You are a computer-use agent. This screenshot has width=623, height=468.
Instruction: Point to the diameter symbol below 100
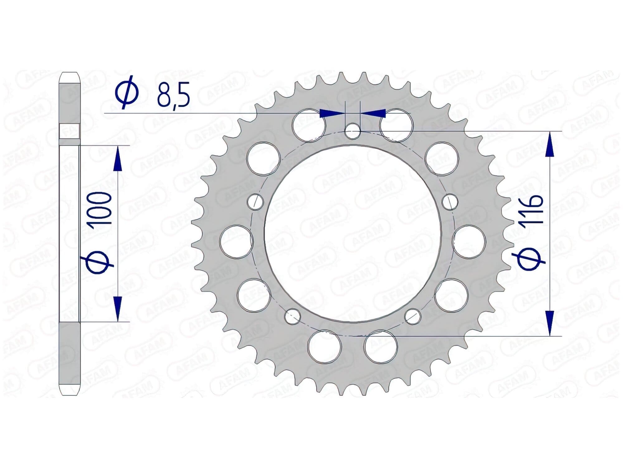coord(97,261)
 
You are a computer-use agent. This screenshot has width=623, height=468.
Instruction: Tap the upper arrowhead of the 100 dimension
coord(117,159)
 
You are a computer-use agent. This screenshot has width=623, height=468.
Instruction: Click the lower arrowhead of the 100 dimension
coord(117,309)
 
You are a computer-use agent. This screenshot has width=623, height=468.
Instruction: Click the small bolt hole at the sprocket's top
coord(353,131)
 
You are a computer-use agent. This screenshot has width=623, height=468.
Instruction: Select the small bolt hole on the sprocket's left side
coord(255,202)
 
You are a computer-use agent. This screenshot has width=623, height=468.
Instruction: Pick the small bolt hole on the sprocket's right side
coord(450,202)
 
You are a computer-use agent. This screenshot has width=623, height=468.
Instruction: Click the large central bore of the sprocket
coord(353,234)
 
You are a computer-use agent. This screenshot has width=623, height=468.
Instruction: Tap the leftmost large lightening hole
coord(236,242)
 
